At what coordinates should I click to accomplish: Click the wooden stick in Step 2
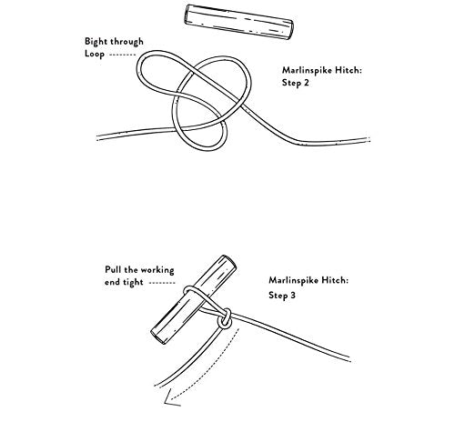[x=239, y=22]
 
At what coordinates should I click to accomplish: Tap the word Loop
[x=95, y=54]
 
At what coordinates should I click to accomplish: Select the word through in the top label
[x=126, y=41]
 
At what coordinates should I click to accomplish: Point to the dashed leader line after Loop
[x=122, y=55]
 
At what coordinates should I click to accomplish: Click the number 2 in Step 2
[x=306, y=83]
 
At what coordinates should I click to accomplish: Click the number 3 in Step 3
[x=292, y=295]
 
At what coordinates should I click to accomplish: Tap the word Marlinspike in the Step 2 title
[x=307, y=70]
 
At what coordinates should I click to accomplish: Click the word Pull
[x=113, y=269]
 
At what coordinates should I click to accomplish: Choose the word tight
[x=133, y=283]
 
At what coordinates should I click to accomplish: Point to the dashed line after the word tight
[x=162, y=283]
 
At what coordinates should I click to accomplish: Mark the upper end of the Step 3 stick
[x=228, y=260]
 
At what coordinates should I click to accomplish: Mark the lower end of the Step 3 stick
[x=158, y=337]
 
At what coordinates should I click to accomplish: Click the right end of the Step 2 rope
[x=369, y=139]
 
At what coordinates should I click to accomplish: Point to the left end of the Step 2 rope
[x=97, y=137]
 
